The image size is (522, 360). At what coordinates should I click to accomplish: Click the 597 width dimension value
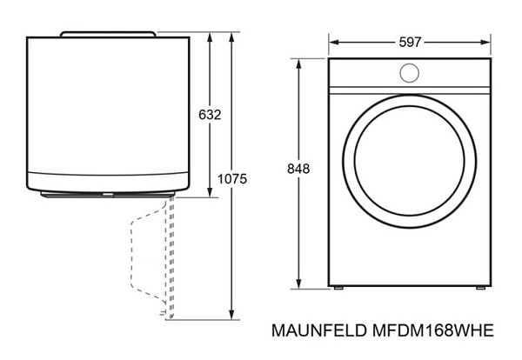410,43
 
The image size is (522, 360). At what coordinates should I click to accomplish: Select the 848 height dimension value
298,169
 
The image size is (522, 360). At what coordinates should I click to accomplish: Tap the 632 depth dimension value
210,115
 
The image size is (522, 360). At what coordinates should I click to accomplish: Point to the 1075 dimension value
232,178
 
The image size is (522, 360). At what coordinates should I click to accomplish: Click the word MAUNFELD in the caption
319,330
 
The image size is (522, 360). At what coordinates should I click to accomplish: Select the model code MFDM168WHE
432,330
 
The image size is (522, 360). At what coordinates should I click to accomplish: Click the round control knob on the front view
409,73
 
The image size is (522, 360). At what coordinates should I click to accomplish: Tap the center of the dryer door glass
410,161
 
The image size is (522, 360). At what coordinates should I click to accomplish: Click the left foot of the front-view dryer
338,288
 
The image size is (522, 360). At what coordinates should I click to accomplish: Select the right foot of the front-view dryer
480,288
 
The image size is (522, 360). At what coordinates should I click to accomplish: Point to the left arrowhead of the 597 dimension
333,43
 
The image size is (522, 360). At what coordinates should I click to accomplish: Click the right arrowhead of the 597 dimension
485,43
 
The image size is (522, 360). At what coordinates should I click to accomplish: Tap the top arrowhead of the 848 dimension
298,63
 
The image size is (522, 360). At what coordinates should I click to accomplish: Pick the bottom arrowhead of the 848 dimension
298,283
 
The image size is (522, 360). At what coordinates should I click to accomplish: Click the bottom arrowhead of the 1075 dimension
231,314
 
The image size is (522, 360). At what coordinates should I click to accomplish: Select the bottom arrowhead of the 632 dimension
210,192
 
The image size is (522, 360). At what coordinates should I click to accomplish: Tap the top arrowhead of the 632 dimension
210,37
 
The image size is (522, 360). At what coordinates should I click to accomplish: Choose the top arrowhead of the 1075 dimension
231,37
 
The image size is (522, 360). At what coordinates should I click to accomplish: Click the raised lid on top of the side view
108,34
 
